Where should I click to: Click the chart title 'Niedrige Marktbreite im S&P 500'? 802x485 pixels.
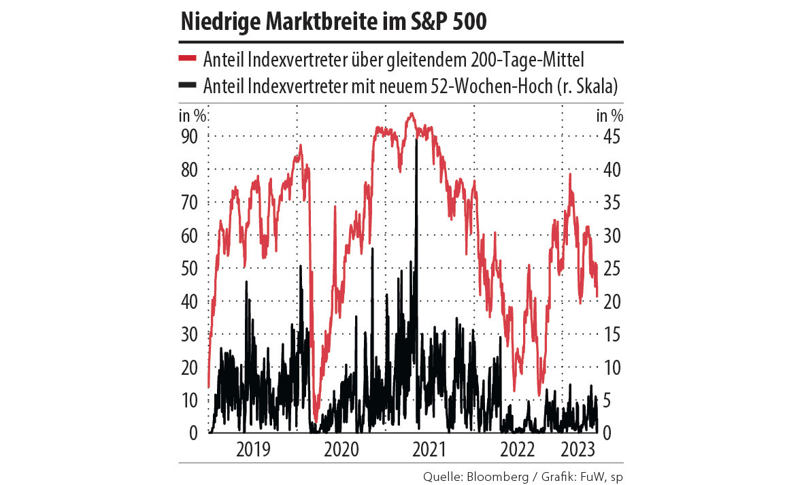tap(333, 22)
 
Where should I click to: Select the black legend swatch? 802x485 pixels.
tap(187, 85)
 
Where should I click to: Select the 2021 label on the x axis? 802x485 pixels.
tap(429, 450)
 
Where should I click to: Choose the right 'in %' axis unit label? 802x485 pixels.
tap(610, 115)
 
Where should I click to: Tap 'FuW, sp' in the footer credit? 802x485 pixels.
tap(602, 475)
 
